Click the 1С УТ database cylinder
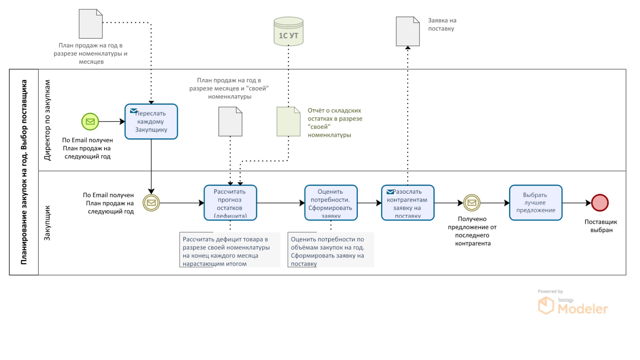click(x=288, y=31)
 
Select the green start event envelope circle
click(x=90, y=122)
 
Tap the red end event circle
click(x=599, y=203)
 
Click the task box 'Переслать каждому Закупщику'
click(x=151, y=122)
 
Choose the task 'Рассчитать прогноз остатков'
click(x=230, y=203)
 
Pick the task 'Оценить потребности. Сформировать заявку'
click(x=331, y=203)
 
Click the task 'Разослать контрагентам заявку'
click(x=408, y=203)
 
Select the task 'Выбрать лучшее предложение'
click(x=536, y=203)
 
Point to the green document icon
click(x=288, y=122)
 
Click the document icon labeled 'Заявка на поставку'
click(x=408, y=31)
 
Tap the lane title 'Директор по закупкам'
click(x=47, y=120)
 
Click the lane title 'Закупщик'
click(x=47, y=223)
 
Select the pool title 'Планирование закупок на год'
click(x=24, y=172)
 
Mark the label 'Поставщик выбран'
click(x=601, y=226)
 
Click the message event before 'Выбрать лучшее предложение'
click(x=472, y=203)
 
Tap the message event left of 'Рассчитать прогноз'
click(x=151, y=203)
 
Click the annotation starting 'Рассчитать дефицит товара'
click(x=230, y=251)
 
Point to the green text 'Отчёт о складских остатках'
click(x=335, y=123)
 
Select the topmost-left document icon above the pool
click(x=91, y=24)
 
